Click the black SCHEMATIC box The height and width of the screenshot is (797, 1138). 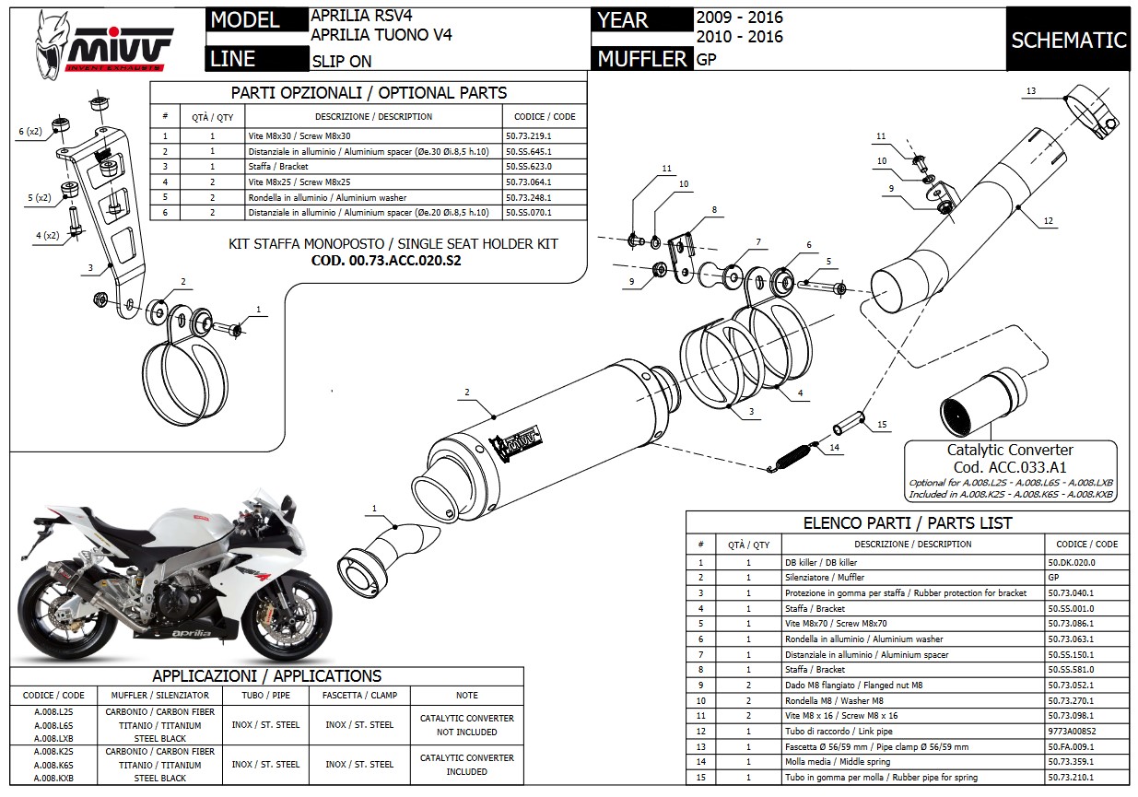click(x=1069, y=40)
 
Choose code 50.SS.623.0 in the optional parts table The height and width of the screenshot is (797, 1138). click(x=542, y=166)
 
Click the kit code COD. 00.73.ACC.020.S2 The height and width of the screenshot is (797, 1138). click(x=393, y=260)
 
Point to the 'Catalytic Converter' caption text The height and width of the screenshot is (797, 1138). click(x=1010, y=450)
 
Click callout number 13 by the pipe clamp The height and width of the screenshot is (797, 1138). click(x=1030, y=91)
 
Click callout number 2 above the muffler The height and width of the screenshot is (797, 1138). click(x=467, y=393)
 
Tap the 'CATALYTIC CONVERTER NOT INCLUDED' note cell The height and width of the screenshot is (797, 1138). click(x=466, y=725)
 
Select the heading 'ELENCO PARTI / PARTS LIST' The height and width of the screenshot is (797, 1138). click(x=908, y=522)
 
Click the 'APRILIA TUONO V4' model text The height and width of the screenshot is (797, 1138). click(x=382, y=36)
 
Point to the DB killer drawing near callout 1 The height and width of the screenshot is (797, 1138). click(x=378, y=552)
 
